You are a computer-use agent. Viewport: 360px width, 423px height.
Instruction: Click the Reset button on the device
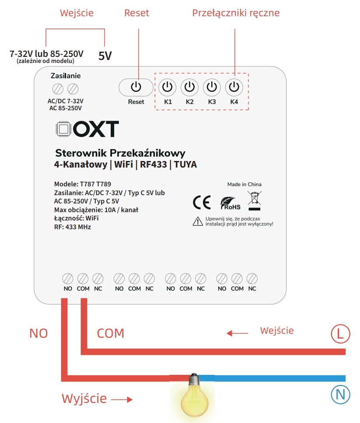pyautogui.click(x=136, y=87)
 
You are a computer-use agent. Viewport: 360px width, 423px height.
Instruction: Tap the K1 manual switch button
pyautogui.click(x=167, y=87)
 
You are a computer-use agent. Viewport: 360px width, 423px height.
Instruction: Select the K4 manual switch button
pyautogui.click(x=234, y=87)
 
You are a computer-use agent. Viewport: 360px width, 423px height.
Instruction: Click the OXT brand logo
pyautogui.click(x=87, y=129)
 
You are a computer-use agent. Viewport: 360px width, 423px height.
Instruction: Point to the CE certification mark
pyautogui.click(x=202, y=203)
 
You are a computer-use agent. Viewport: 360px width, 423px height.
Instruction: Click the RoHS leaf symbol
pyautogui.click(x=230, y=203)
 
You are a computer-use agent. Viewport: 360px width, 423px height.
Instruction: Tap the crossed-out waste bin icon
pyautogui.click(x=255, y=201)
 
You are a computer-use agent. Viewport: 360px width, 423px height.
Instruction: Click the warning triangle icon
pyautogui.click(x=198, y=221)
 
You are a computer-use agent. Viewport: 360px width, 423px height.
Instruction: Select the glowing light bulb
pyautogui.click(x=194, y=395)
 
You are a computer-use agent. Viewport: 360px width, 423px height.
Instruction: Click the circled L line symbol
pyautogui.click(x=340, y=334)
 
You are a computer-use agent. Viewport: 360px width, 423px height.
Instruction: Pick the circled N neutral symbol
pyautogui.click(x=340, y=395)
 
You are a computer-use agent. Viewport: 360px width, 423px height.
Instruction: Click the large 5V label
pyautogui.click(x=105, y=56)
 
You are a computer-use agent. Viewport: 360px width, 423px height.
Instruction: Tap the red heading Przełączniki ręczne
pyautogui.click(x=236, y=13)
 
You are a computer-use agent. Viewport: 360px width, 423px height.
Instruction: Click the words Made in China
pyautogui.click(x=245, y=184)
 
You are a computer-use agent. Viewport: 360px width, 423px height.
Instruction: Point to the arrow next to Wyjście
pyautogui.click(x=122, y=399)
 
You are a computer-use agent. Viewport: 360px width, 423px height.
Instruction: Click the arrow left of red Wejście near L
pyautogui.click(x=238, y=333)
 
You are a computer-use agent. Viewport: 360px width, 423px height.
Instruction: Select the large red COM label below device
pyautogui.click(x=111, y=333)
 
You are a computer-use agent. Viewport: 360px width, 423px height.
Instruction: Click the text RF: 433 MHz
pyautogui.click(x=73, y=227)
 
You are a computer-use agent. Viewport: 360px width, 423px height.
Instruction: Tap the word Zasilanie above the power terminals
pyautogui.click(x=66, y=76)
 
